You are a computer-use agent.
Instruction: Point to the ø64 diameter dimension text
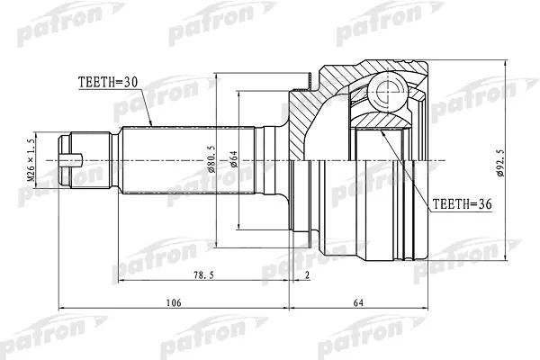[234, 160]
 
